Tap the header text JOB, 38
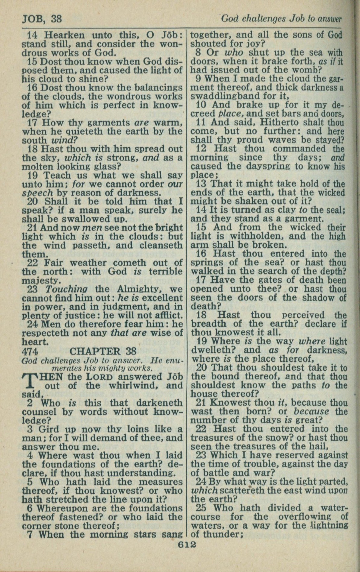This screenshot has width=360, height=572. [42, 19]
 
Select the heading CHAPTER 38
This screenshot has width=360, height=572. [103, 351]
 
